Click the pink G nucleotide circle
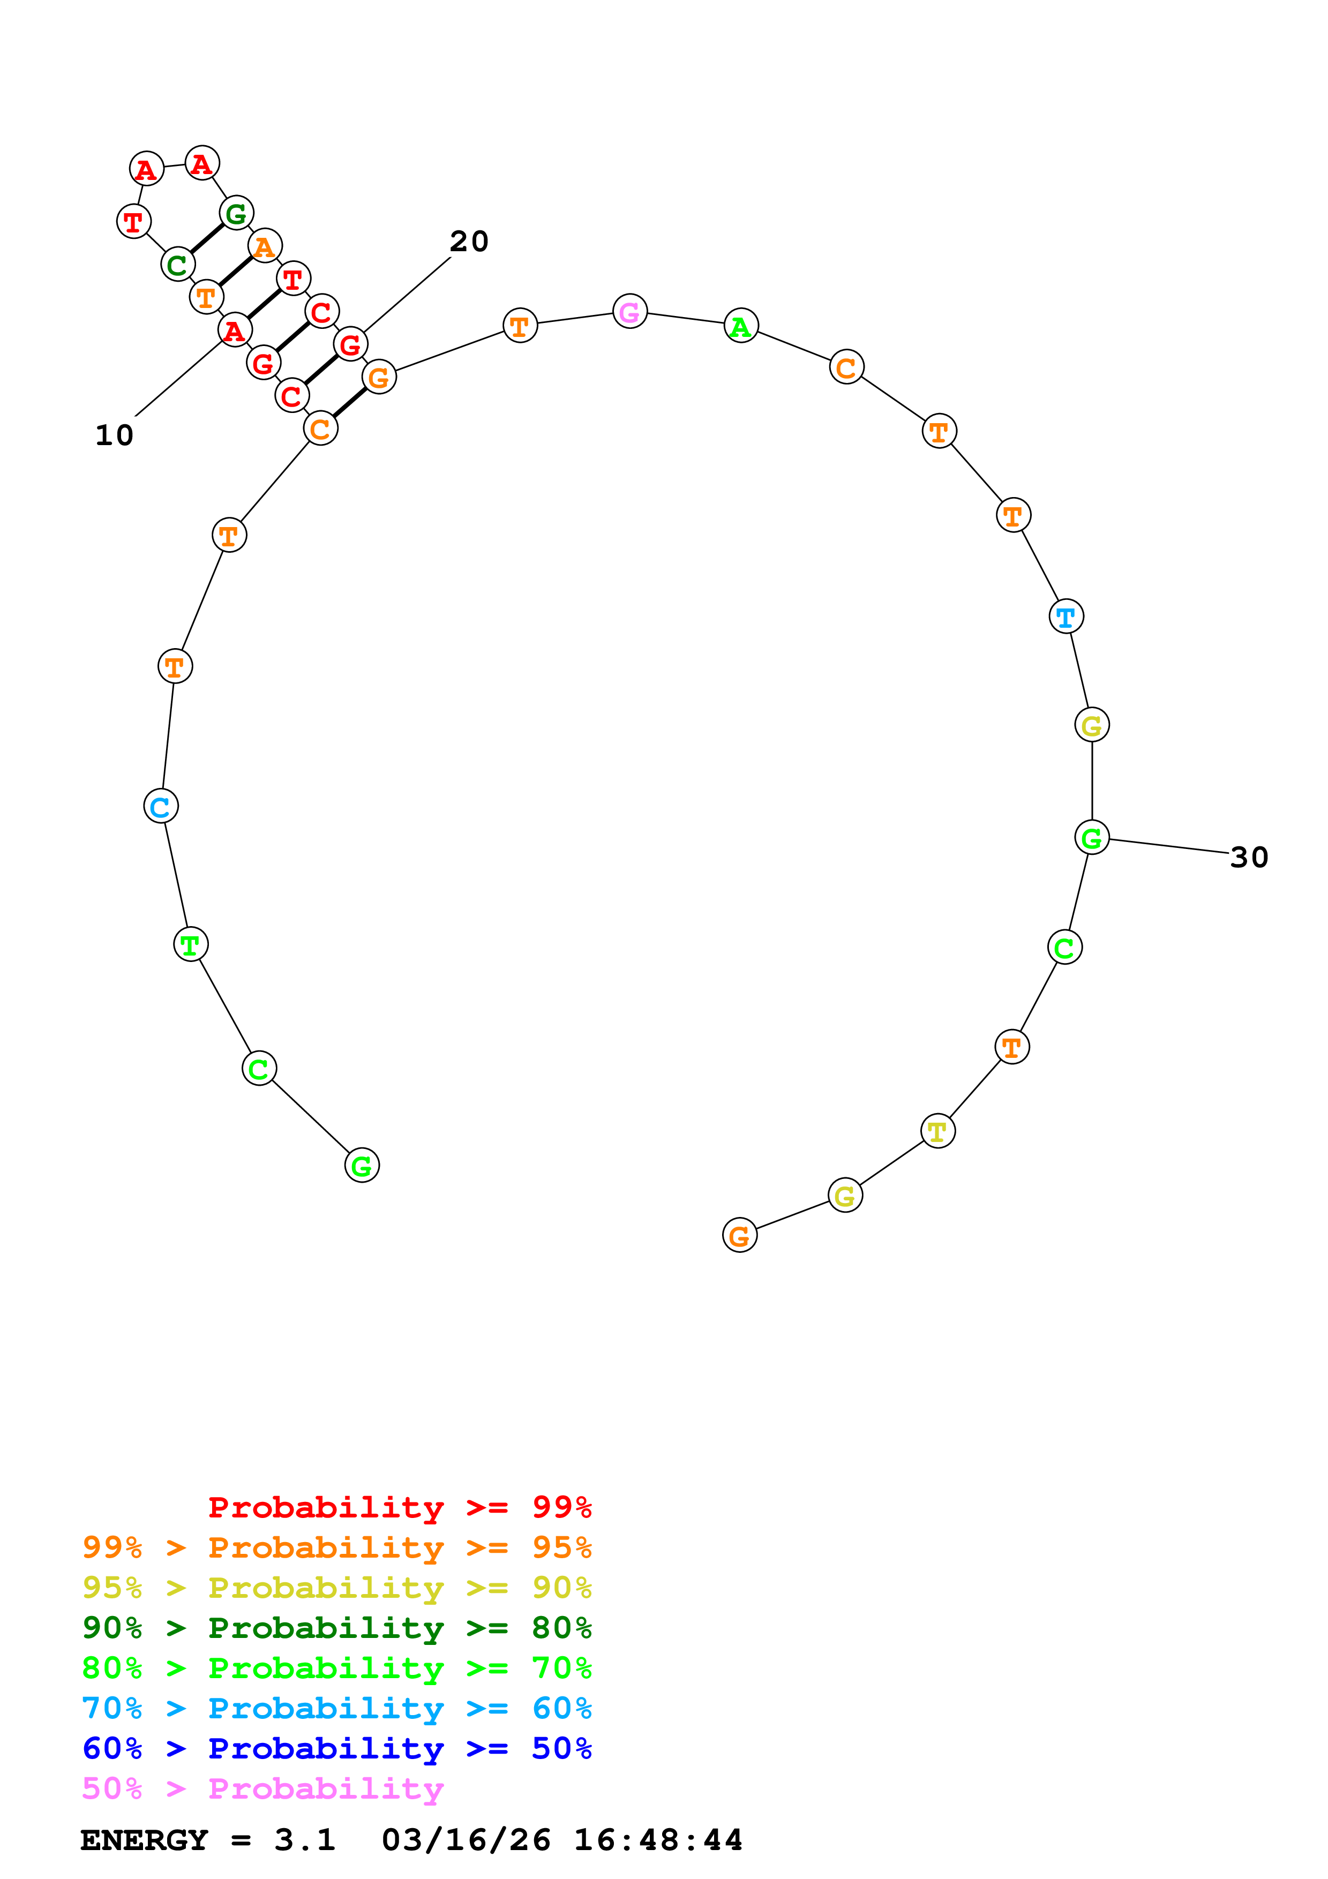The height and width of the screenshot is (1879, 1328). tap(629, 311)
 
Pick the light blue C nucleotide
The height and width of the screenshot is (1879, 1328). tap(160, 806)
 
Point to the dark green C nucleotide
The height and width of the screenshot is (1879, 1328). tap(177, 265)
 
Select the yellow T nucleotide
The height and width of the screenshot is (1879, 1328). tap(937, 1131)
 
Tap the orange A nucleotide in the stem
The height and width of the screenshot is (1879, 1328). tap(264, 245)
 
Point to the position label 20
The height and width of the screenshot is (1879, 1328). tap(469, 242)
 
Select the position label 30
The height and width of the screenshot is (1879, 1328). tap(1249, 858)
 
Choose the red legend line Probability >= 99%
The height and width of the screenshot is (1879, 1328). tap(399, 1507)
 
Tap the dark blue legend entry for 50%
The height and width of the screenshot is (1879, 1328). tap(336, 1748)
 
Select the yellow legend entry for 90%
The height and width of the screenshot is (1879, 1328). tap(336, 1588)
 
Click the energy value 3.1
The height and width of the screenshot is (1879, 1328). tap(304, 1840)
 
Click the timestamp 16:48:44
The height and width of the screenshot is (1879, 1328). tap(658, 1840)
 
